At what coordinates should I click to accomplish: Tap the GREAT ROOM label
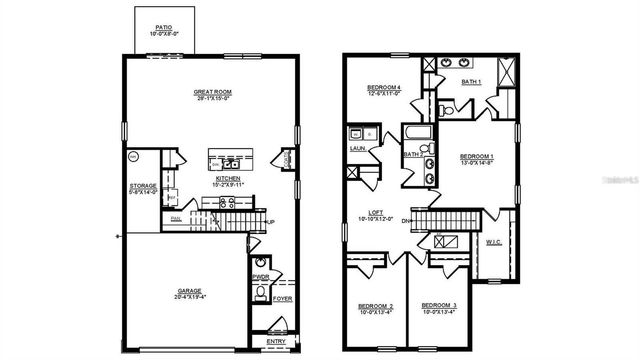tap(213, 93)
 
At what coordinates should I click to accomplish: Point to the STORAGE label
tap(142, 187)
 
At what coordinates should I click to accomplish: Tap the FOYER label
tap(282, 297)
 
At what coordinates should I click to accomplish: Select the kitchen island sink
tap(229, 160)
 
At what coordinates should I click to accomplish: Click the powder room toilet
tap(260, 293)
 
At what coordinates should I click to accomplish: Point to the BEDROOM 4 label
tap(385, 88)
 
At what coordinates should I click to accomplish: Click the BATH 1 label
tap(472, 81)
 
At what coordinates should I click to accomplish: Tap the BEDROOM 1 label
tap(476, 157)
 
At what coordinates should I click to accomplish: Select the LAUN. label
tap(356, 149)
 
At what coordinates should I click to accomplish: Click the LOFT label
tap(376, 213)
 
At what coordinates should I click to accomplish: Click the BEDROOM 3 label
tap(438, 305)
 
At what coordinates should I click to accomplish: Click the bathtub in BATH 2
tap(412, 136)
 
